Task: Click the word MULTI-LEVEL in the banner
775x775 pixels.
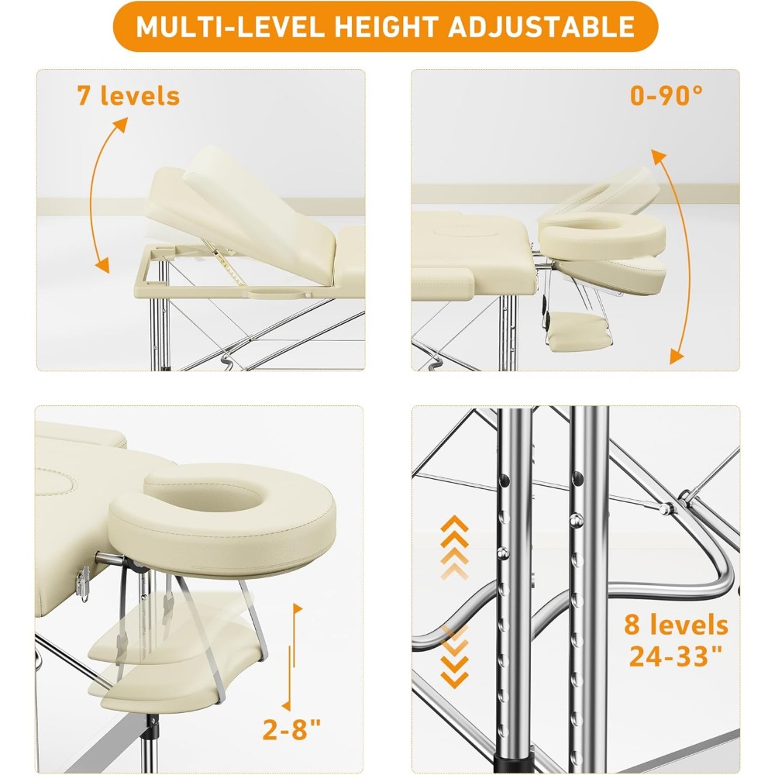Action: (230, 26)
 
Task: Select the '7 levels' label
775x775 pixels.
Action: (129, 95)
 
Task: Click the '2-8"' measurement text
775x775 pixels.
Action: (291, 728)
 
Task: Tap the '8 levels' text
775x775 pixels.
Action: (676, 624)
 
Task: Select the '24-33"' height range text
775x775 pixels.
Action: (676, 656)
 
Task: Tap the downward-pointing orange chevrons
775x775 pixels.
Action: (454, 656)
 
